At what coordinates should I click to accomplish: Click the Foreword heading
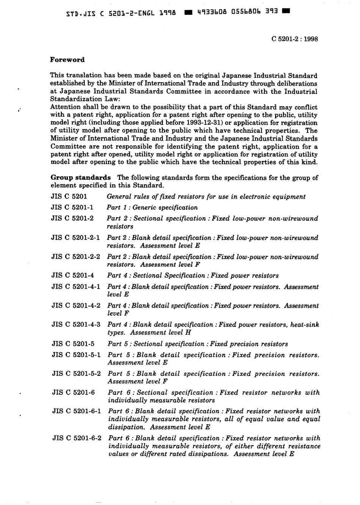click(67, 60)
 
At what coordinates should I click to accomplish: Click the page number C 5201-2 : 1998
click(295, 39)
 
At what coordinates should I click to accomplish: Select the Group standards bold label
click(81, 177)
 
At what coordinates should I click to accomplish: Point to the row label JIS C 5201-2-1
click(75, 238)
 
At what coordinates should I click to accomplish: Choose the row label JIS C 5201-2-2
click(75, 257)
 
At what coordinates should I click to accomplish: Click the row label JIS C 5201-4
click(72, 276)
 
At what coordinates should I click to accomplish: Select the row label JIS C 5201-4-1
click(76, 287)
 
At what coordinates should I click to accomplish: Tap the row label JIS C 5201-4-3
click(76, 325)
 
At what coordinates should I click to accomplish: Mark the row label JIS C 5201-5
click(73, 344)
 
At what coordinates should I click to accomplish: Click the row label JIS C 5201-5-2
click(76, 374)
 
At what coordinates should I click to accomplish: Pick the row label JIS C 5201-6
click(73, 392)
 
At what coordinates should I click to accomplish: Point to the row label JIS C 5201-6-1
click(77, 411)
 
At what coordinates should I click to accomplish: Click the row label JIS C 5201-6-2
click(77, 438)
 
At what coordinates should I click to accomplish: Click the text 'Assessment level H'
click(161, 332)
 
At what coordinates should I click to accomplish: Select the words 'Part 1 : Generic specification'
click(152, 207)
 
